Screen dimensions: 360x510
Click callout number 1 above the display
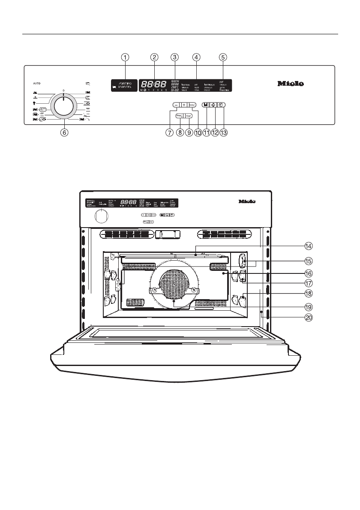pos(125,57)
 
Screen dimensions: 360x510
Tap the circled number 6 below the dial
pos(63,133)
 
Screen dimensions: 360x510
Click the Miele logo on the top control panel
pos(291,84)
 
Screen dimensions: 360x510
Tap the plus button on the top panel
pos(184,105)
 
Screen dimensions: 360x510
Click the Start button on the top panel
pos(189,116)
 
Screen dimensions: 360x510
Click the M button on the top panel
pos(206,105)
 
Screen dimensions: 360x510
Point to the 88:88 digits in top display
pos(154,84)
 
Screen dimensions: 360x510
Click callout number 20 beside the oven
pos(308,318)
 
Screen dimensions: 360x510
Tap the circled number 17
pos(308,283)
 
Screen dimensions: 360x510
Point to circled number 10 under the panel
pos(198,133)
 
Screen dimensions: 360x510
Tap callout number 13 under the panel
pos(223,133)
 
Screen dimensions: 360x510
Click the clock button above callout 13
pos(222,105)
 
